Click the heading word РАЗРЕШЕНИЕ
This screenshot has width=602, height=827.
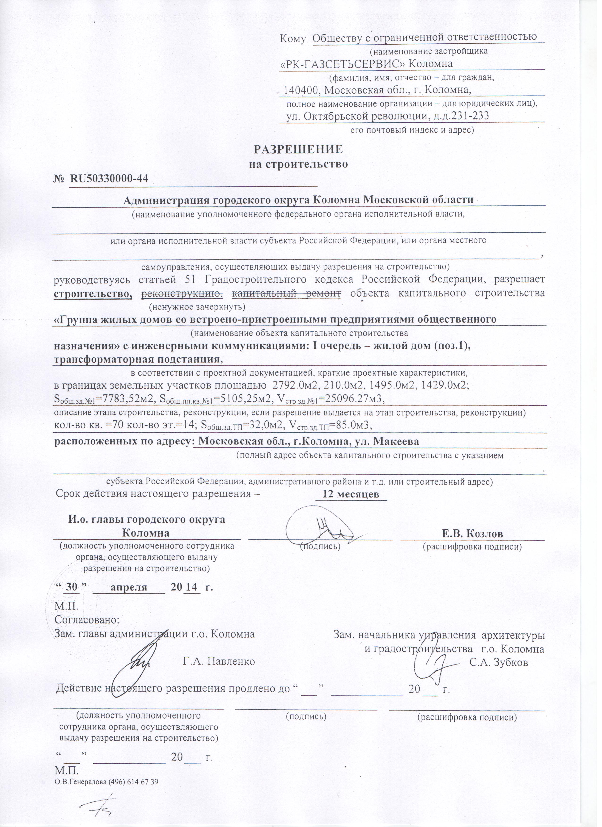298,150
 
